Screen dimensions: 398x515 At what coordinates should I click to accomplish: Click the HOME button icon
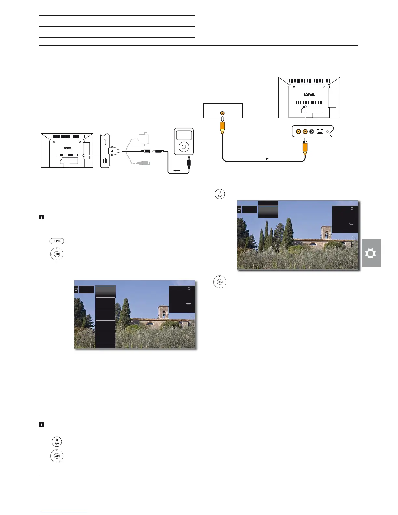point(57,241)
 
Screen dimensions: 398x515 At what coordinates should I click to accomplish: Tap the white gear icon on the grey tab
point(371,253)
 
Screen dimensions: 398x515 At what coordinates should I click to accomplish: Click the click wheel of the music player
point(184,147)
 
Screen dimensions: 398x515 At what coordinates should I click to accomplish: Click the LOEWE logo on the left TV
point(67,148)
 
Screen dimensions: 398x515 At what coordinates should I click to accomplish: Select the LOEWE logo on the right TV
point(309,95)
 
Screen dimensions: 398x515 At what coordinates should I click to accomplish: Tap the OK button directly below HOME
point(57,254)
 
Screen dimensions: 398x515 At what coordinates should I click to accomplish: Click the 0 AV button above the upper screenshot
point(220,194)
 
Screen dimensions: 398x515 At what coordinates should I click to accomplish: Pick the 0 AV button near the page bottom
point(57,442)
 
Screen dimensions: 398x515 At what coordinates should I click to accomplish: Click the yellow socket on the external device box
point(222,113)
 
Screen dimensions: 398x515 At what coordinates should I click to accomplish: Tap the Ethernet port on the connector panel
point(320,132)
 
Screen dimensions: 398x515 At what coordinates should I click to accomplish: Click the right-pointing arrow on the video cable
point(265,159)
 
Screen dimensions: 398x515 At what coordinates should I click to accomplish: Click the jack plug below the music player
point(189,162)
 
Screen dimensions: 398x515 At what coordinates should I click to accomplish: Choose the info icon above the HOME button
point(42,218)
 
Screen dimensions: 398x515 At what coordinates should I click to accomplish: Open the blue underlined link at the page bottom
point(65,512)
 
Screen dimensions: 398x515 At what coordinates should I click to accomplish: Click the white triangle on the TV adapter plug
point(112,151)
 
